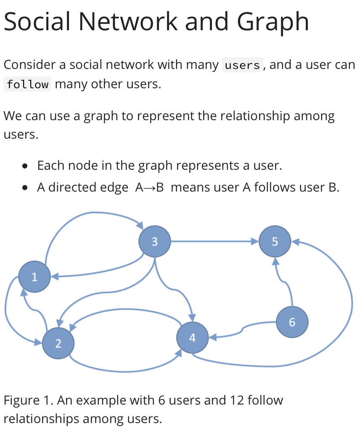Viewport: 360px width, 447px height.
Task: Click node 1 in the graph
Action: coord(34,277)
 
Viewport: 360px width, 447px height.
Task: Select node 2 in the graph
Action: coord(58,343)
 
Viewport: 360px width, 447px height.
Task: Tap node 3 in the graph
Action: coord(154,242)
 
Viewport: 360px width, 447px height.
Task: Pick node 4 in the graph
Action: coord(193,338)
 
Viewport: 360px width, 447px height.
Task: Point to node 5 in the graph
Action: coord(275,242)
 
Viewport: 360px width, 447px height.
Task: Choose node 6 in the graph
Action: coord(292,322)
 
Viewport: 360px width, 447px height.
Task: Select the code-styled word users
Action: coord(243,66)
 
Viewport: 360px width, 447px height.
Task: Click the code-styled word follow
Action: coord(28,84)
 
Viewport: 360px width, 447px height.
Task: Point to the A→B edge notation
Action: coord(149,187)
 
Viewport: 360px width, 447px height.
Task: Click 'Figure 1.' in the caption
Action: coord(28,400)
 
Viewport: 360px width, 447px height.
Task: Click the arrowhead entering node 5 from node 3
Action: coord(254,242)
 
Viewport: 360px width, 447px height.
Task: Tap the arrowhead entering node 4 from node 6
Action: coord(213,337)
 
